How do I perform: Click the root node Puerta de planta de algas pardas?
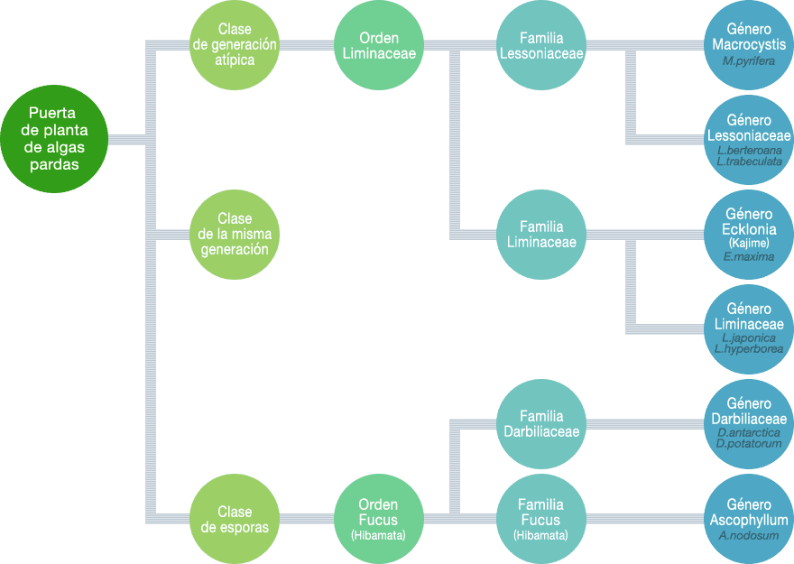coord(53,140)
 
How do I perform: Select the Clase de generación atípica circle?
coord(235,45)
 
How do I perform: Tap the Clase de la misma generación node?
coord(235,234)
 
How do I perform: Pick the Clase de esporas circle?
coord(235,519)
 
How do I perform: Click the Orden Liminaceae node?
coord(379,45)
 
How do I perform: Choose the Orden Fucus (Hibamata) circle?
coord(379,519)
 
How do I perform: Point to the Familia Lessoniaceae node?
coord(541,45)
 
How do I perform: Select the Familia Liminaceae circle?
coord(541,234)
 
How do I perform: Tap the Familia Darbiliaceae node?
coord(541,423)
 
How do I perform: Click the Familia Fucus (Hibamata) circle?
coord(541,519)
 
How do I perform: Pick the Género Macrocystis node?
coord(748,45)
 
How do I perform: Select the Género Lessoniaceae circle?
coord(748,140)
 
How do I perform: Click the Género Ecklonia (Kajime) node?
coord(748,234)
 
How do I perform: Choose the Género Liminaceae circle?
coord(748,329)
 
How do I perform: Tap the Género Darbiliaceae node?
coord(748,423)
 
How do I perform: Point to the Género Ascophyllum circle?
coord(748,519)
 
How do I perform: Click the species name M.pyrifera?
coord(748,60)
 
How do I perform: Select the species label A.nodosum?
coord(748,536)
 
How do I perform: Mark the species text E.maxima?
coord(748,256)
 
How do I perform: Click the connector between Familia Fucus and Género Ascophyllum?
coord(644,519)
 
